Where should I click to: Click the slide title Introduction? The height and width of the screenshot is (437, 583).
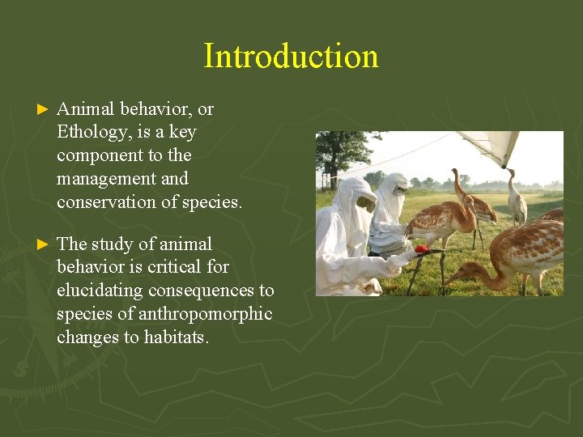(x=291, y=57)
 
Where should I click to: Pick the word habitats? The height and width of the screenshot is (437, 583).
(x=176, y=337)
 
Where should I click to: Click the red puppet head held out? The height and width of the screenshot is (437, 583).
(x=421, y=250)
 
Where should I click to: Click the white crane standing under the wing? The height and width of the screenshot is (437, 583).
(x=515, y=201)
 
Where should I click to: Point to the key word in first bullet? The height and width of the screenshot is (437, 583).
(x=183, y=131)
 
